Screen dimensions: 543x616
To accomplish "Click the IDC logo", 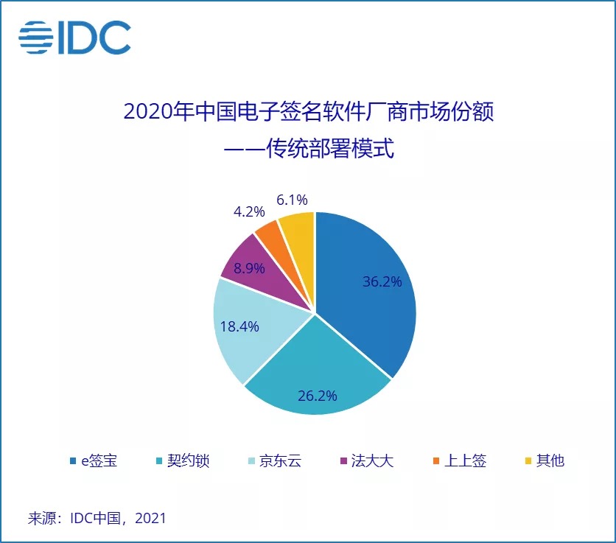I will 74,38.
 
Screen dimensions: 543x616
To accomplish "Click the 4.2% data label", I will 248,212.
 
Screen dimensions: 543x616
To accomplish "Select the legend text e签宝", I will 99,461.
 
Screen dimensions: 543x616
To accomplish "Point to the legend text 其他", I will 550,461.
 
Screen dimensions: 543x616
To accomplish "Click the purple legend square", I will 344,462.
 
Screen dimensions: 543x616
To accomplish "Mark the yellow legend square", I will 528,462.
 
